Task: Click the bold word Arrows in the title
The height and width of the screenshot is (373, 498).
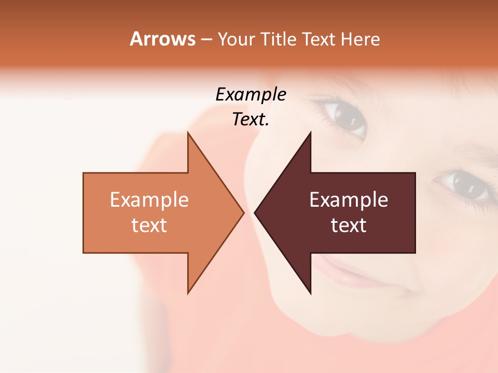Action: (162, 39)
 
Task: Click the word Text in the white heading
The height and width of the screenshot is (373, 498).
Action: (319, 39)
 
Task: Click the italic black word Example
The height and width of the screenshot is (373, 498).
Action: (251, 95)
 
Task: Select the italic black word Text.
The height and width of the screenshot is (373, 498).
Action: (251, 120)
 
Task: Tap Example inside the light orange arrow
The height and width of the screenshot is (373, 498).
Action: (149, 200)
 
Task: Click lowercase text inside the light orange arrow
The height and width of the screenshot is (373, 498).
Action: (149, 225)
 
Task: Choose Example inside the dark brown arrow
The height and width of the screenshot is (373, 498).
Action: (349, 200)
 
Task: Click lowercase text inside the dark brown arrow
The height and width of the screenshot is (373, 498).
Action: (349, 225)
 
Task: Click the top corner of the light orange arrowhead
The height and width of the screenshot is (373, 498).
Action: (188, 133)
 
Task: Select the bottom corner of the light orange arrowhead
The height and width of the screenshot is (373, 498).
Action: (188, 293)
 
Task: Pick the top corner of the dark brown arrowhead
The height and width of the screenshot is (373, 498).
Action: (310, 133)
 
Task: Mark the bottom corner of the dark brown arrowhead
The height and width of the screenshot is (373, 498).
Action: (310, 293)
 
